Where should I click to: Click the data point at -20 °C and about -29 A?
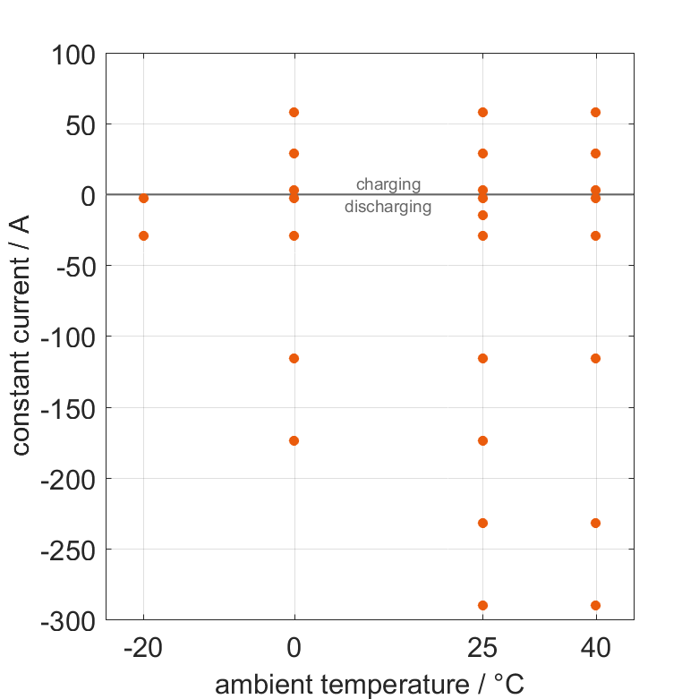143,235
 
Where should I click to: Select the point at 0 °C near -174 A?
294,440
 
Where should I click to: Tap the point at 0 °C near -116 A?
294,358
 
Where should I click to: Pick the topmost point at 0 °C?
294,112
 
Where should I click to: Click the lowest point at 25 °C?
483,605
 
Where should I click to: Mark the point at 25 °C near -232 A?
483,523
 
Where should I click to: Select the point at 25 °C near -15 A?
483,215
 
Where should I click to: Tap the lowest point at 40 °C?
596,605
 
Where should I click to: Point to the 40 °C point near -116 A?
596,358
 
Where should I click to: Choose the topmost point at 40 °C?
596,112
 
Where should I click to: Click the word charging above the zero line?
388,185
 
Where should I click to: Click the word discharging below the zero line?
388,207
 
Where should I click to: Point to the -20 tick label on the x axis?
143,648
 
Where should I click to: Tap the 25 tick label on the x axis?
483,648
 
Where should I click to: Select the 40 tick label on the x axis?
596,648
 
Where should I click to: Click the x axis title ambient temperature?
369,685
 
